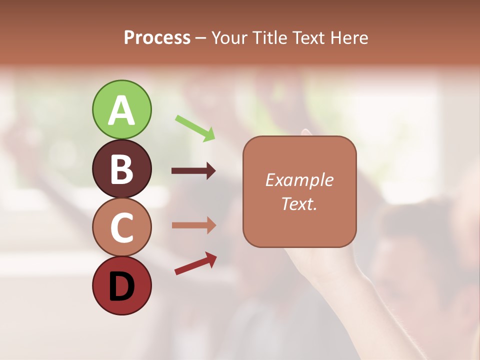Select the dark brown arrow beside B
click(x=193, y=171)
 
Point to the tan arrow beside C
click(x=193, y=225)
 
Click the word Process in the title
click(x=157, y=38)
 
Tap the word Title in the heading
click(x=269, y=38)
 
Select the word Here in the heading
click(x=349, y=38)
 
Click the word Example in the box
click(x=299, y=180)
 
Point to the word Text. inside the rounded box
click(x=299, y=203)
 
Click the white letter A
click(x=121, y=111)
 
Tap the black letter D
click(x=121, y=286)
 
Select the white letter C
click(x=121, y=227)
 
